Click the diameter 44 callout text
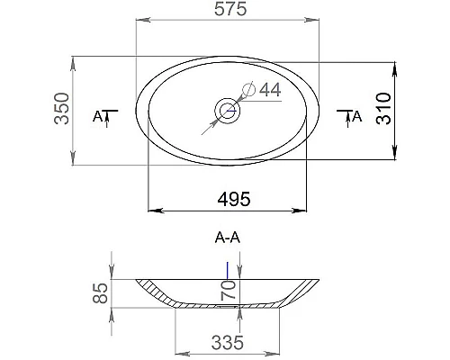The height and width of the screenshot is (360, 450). coord(270,89)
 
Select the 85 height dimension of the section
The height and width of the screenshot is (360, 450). coord(101,292)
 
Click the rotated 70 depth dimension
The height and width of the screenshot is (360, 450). coord(229,289)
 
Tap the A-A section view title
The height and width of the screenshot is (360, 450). coord(227,239)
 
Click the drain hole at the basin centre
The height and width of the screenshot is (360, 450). coord(226,112)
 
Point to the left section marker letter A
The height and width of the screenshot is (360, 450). coord(98,116)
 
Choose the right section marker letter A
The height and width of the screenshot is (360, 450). coord(356,115)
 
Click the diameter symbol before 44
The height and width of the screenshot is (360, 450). coord(251,89)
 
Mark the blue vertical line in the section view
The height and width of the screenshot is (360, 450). coord(228,268)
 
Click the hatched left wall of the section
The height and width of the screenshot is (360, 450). coord(155,292)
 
